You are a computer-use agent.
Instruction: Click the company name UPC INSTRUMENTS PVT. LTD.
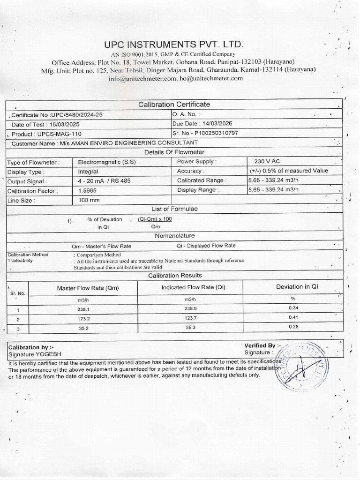point(174,45)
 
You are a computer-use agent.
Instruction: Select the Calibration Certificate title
point(174,104)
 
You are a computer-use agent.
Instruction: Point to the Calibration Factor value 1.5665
point(89,191)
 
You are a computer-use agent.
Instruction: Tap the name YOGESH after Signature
point(48,354)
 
